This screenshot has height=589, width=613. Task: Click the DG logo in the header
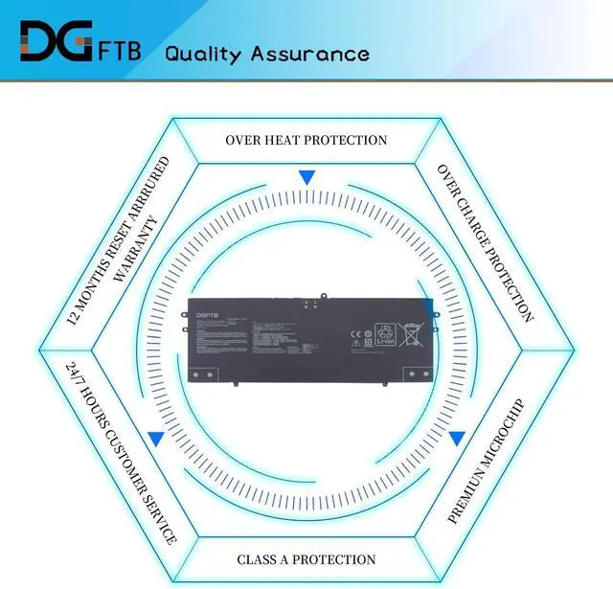(x=58, y=39)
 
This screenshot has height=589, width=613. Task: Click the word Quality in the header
(x=203, y=54)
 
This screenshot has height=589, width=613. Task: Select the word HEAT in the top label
(x=284, y=140)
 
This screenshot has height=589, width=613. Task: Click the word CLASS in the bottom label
(x=261, y=559)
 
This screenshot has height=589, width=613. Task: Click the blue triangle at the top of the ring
(x=306, y=177)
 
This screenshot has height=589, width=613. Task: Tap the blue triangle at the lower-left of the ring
(x=155, y=439)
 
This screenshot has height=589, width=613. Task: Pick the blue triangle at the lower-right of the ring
(x=457, y=439)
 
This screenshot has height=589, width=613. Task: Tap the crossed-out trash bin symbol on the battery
(x=409, y=332)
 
